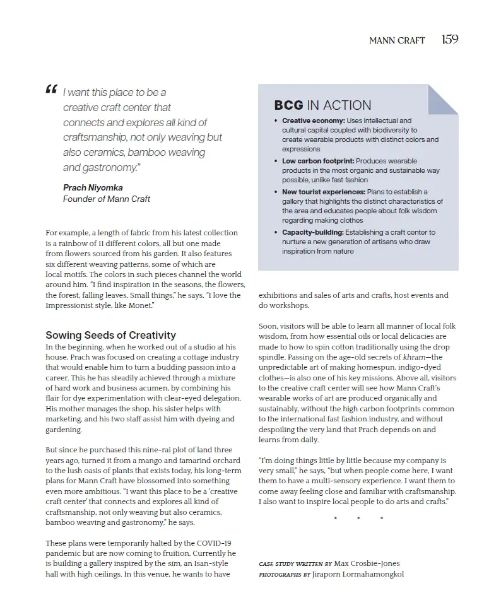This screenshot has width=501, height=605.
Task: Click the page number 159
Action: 449,40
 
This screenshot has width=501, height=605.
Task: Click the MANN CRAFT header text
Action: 397,40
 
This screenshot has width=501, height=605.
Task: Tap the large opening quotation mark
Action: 51,91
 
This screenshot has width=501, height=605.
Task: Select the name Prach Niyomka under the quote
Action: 93,187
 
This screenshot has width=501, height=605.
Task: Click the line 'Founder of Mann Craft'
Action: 107,199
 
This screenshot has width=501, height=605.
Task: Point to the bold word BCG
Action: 288,105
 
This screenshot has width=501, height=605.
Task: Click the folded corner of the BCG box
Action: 443,99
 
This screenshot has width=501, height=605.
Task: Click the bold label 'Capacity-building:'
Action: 313,232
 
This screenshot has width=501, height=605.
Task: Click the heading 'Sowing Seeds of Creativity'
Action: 110,335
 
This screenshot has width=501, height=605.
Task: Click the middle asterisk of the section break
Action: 358,519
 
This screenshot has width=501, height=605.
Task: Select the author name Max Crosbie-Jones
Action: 367,563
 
